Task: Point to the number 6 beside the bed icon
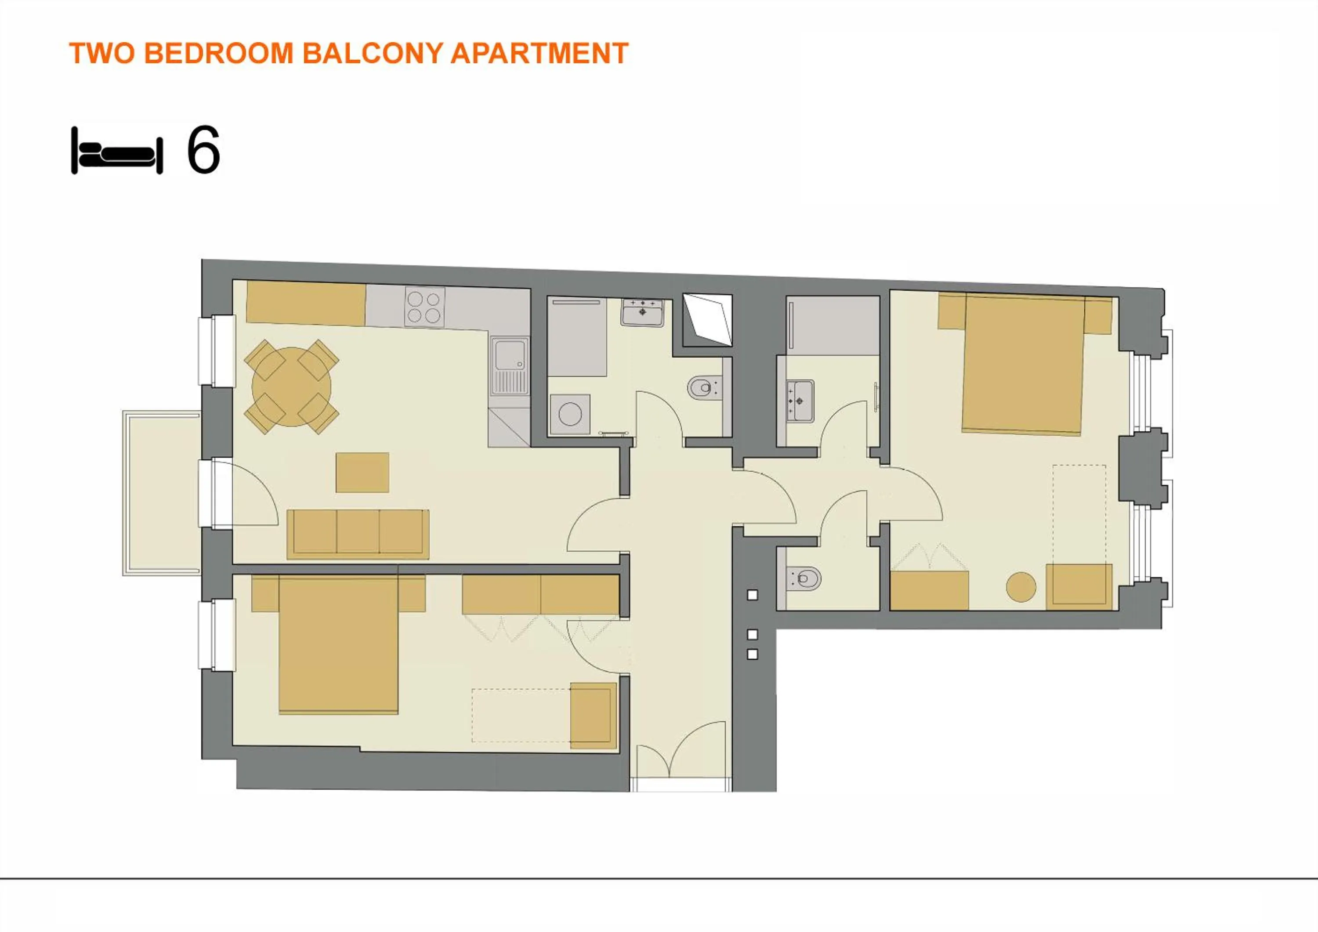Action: click(x=203, y=150)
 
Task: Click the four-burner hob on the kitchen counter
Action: click(x=425, y=307)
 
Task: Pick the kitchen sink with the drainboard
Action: click(x=510, y=366)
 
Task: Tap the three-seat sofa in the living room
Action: click(x=358, y=534)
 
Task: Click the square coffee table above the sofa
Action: click(x=362, y=472)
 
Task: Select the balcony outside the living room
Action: click(x=162, y=492)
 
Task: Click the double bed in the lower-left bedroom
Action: click(x=338, y=645)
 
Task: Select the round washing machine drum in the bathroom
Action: click(x=570, y=414)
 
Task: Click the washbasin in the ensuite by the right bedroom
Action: click(x=799, y=400)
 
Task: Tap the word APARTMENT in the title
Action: click(x=539, y=54)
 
